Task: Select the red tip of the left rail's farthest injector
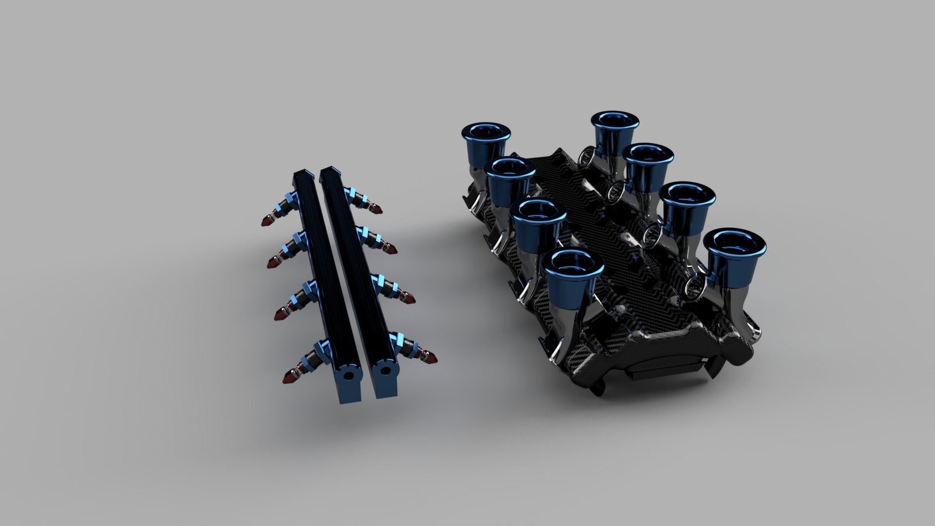pyautogui.click(x=266, y=221)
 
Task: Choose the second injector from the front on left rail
pyautogui.click(x=283, y=313)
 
